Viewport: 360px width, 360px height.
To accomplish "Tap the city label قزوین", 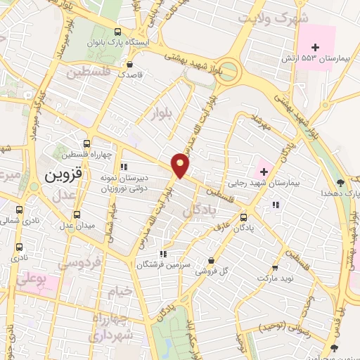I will coord(65,174).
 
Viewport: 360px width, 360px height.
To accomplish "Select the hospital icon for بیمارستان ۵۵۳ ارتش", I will coord(316,47).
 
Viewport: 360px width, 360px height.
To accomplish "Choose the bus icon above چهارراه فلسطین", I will coord(87,143).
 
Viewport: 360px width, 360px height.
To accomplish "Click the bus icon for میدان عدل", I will coord(77,214).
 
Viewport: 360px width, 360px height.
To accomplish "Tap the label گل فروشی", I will coord(212,270).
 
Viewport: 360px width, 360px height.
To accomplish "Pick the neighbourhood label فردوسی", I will coord(79,263).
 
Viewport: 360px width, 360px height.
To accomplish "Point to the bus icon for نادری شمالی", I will coord(18,208).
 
